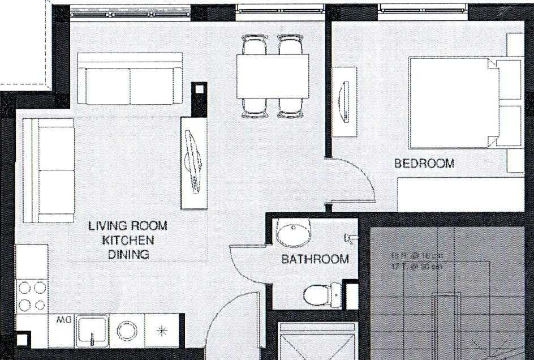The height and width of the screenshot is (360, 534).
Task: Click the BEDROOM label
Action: [x=424, y=164]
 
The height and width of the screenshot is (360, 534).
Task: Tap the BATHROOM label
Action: [x=315, y=260]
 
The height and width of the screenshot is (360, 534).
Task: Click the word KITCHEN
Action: [x=128, y=240]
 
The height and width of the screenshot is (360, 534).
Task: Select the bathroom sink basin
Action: [x=293, y=233]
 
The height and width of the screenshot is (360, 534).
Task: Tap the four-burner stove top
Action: [x=32, y=296]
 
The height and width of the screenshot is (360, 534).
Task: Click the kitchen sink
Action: [x=92, y=329]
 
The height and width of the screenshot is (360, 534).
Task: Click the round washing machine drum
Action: [x=124, y=329]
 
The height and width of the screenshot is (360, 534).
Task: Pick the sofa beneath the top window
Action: [x=130, y=79]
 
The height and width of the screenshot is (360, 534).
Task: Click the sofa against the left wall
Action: [x=49, y=170]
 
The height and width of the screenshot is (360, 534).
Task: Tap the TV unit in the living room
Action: [x=193, y=162]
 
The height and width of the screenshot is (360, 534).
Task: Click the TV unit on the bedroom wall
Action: [x=344, y=101]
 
